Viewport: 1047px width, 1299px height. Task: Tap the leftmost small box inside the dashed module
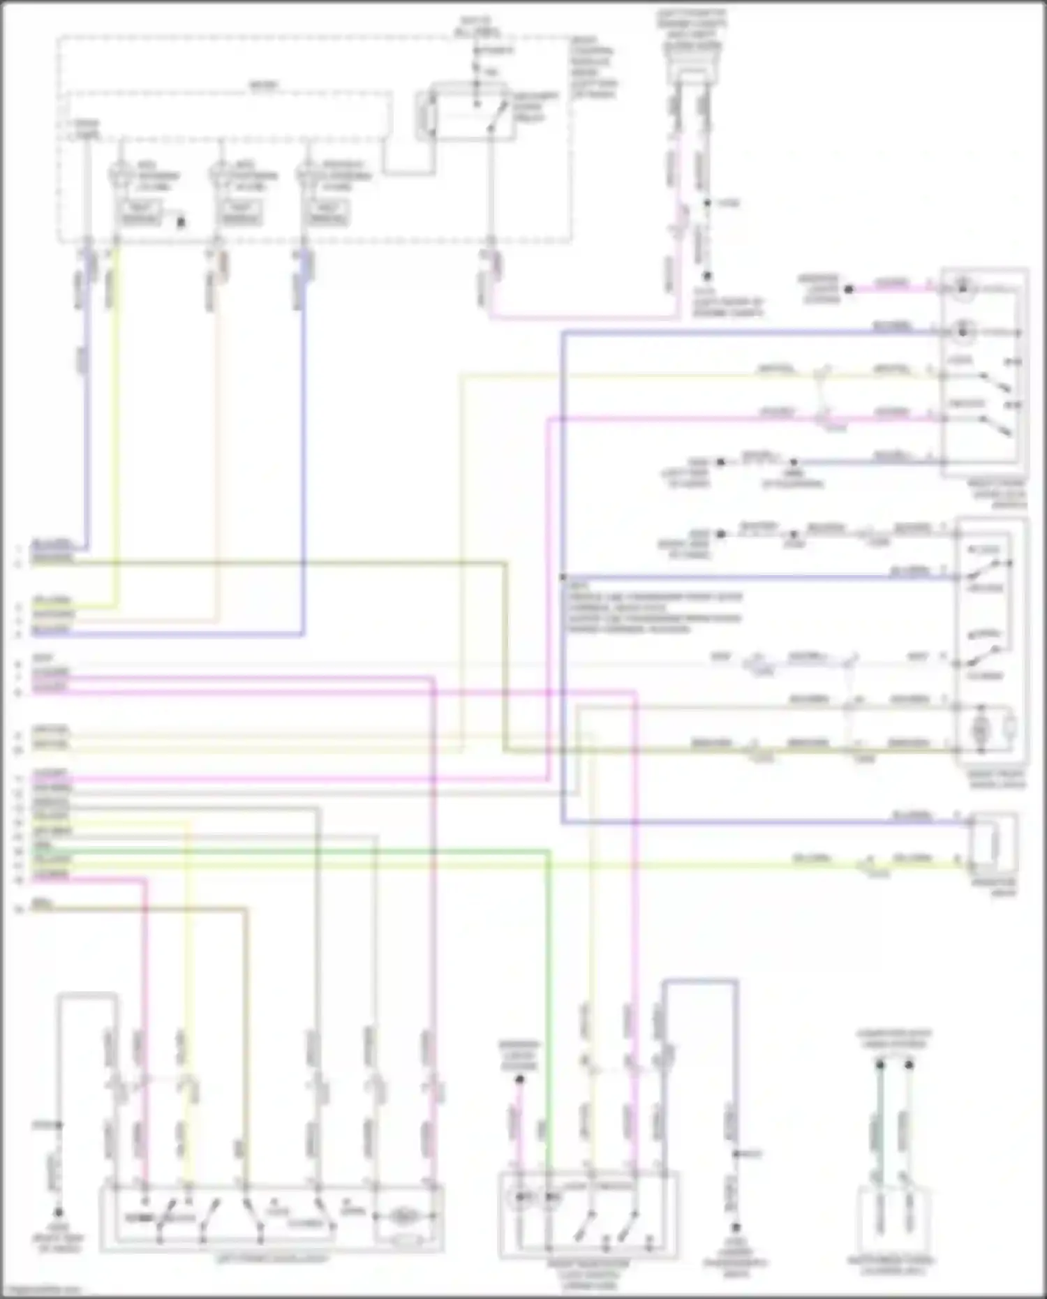(x=142, y=213)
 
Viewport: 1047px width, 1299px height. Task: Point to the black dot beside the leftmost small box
(x=181, y=223)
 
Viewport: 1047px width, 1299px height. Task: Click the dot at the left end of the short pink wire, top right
(x=849, y=288)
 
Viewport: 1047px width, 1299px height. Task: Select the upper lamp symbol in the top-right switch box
(x=963, y=286)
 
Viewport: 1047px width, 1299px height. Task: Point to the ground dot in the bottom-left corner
(x=59, y=1212)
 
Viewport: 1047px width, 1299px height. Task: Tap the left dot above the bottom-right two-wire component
(x=880, y=1066)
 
